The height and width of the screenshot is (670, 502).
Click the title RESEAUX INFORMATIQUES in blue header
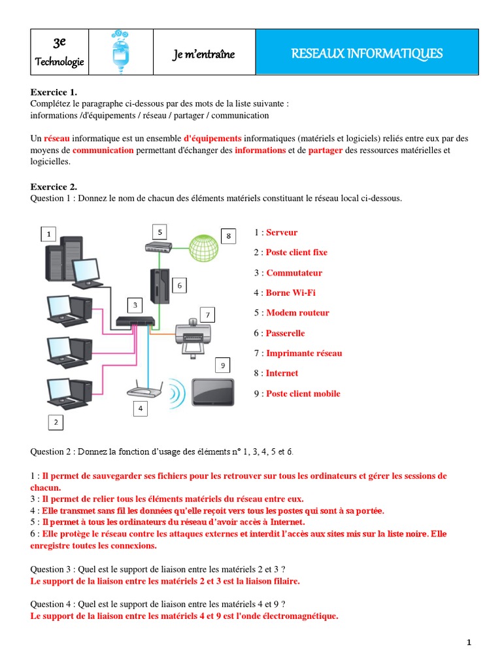[367, 53]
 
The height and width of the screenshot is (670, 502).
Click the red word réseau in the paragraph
[56, 139]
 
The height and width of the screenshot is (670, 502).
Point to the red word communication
[103, 150]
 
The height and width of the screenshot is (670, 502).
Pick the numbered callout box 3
[135, 305]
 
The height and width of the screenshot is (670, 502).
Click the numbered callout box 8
[228, 236]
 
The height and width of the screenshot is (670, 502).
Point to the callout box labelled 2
[56, 423]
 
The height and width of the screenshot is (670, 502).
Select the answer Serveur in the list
[282, 232]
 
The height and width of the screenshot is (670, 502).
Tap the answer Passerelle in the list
[285, 333]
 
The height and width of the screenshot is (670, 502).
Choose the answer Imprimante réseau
[303, 353]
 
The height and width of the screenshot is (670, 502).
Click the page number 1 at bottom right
[469, 643]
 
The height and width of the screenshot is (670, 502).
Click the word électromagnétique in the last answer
[300, 616]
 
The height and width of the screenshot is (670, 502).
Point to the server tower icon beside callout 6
[159, 285]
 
